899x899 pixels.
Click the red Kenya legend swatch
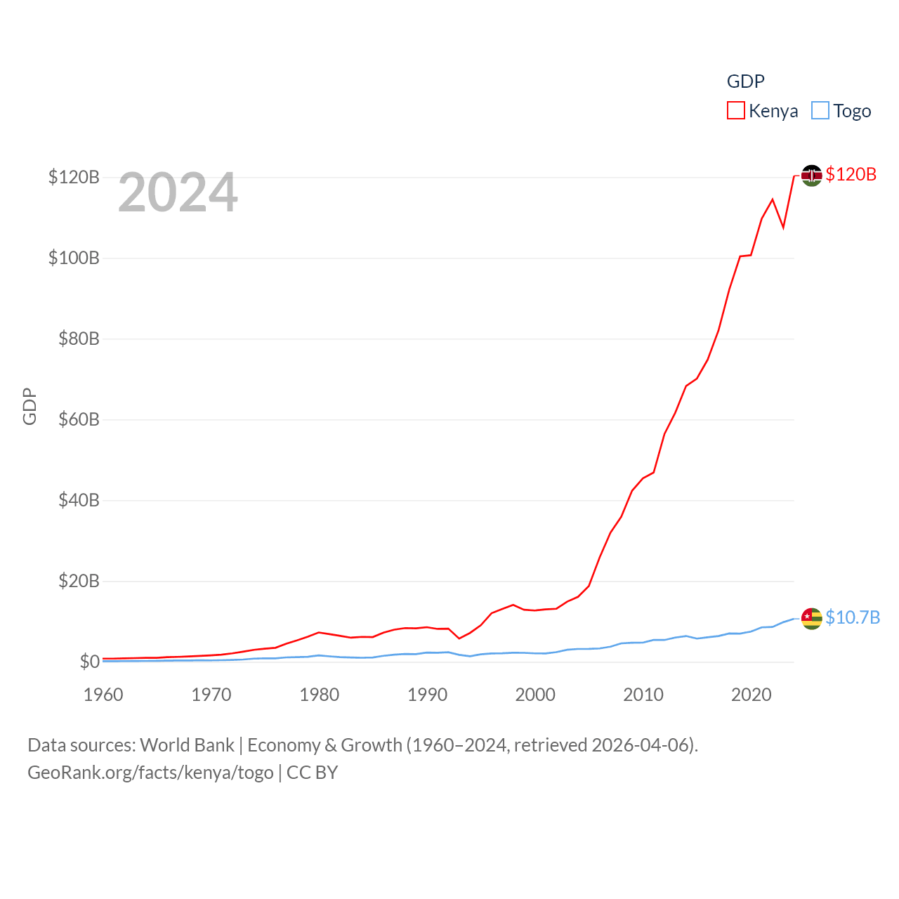point(735,111)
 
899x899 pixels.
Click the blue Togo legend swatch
point(820,111)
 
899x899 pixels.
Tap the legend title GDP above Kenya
point(745,81)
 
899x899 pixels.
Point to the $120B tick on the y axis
point(74,177)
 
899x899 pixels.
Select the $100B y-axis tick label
point(74,258)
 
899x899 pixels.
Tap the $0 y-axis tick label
point(89,662)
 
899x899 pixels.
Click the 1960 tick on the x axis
point(103,695)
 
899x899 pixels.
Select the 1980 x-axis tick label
point(320,695)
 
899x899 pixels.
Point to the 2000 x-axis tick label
point(535,695)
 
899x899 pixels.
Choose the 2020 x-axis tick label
point(752,695)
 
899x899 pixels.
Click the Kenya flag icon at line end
point(811,176)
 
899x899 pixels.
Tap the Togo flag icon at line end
point(811,619)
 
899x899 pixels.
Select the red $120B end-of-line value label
point(851,174)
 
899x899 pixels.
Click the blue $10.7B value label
point(853,617)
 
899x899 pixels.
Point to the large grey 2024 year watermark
point(178,192)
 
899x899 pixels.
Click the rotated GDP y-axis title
point(29,406)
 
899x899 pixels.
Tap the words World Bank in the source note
point(187,745)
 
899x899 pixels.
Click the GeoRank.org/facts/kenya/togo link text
point(150,773)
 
